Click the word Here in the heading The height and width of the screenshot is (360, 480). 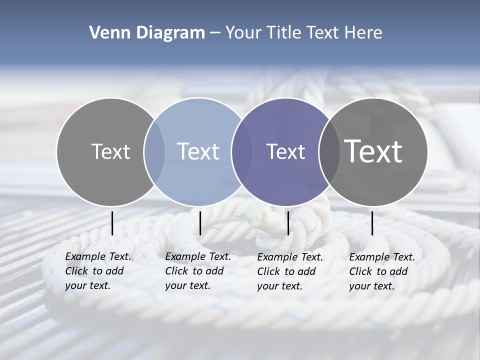click(363, 33)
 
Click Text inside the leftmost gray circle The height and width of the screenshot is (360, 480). click(110, 151)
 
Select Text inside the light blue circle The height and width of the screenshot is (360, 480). click(198, 151)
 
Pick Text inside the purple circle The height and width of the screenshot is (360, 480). click(285, 151)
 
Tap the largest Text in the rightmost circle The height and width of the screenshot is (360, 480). click(373, 151)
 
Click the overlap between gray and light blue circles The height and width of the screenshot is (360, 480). click(154, 151)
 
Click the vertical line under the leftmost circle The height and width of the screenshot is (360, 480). click(112, 223)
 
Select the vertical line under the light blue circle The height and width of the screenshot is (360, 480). click(200, 223)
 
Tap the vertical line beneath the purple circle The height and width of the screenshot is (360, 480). click(288, 223)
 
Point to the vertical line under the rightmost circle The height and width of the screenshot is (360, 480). click(372, 223)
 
